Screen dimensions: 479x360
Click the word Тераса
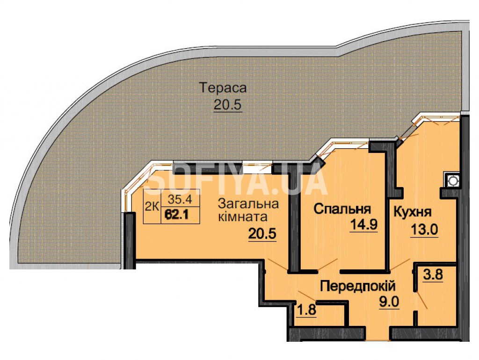223,88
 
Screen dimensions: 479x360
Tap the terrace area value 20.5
228,105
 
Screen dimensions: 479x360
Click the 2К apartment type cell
152,207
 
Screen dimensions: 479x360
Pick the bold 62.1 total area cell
180,215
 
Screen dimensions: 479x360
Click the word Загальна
249,204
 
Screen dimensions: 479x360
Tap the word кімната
243,217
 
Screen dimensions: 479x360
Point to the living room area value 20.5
262,234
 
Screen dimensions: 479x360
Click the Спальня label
342,209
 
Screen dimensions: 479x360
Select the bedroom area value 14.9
364,225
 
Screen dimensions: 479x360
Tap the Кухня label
413,212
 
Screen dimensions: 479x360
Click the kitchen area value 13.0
424,230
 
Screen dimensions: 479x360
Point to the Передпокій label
358,287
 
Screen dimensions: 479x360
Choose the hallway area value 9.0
389,302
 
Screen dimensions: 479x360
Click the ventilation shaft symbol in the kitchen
452,181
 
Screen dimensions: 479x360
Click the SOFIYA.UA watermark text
237,182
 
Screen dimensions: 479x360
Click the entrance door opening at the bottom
378,334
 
